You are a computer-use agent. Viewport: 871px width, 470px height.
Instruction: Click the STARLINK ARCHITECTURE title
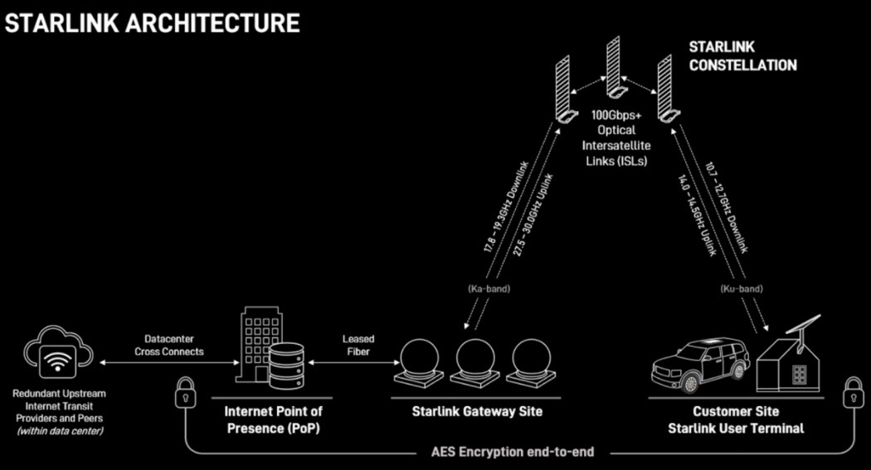pos(152,22)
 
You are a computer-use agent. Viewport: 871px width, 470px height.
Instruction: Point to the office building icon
pos(256,345)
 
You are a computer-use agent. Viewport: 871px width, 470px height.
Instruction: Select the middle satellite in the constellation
pos(613,66)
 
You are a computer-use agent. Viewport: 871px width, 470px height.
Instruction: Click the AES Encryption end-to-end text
pos(512,453)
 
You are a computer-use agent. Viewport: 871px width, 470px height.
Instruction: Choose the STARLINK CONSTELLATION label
pos(742,57)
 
